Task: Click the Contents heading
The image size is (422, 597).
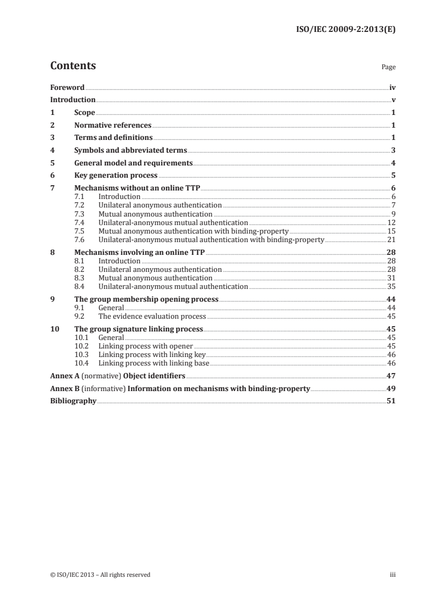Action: [x=73, y=67]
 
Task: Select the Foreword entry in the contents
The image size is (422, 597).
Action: [x=67, y=87]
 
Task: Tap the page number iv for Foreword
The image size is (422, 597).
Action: [x=392, y=87]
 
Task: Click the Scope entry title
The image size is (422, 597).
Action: [x=85, y=113]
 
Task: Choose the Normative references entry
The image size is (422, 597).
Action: [x=113, y=126]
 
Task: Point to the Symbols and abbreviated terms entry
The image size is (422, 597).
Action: [x=131, y=151]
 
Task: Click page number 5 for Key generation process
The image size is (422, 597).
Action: [x=393, y=176]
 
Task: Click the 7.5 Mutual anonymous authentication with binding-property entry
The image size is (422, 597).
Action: [x=194, y=231]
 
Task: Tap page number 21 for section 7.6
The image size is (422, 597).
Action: [x=391, y=239]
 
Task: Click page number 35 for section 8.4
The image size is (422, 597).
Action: [x=391, y=286]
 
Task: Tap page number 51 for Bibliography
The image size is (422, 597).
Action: [x=391, y=401]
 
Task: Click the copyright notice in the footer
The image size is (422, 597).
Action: [x=100, y=575]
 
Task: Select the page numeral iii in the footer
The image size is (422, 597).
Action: [x=393, y=575]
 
